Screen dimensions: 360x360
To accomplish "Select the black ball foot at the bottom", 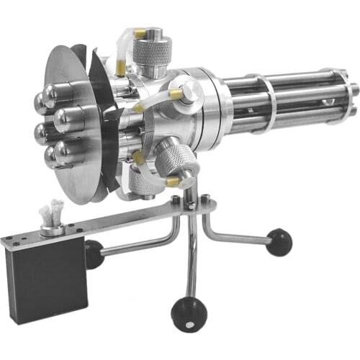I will point(189,313).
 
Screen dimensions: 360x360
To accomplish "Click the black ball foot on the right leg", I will point(279,241).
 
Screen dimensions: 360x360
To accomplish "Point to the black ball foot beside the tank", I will point(94,253).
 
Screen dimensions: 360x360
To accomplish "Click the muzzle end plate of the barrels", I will point(352,91).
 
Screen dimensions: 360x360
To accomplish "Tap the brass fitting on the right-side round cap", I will point(175,94).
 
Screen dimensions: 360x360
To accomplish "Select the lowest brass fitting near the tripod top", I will point(172,182).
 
